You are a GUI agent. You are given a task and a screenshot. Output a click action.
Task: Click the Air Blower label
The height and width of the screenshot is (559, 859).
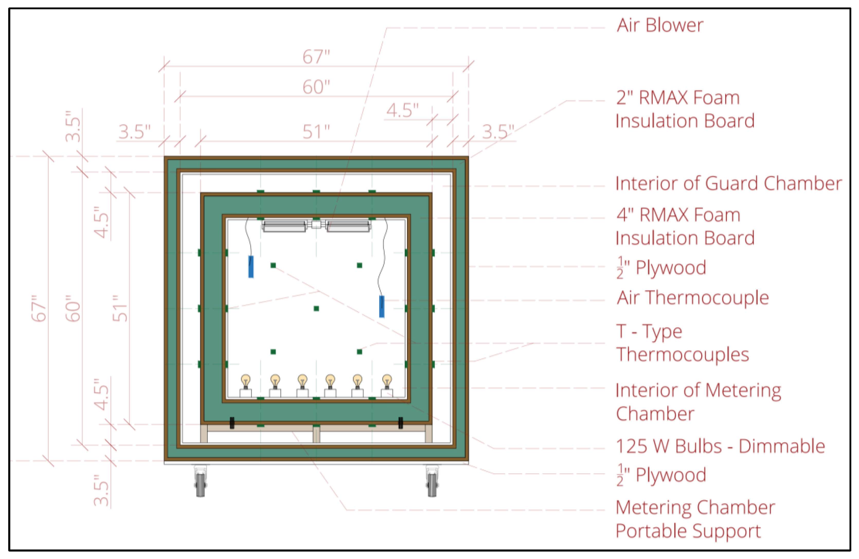(x=660, y=25)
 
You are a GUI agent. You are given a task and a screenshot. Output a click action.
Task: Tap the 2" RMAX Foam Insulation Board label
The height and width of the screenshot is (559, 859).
(x=684, y=109)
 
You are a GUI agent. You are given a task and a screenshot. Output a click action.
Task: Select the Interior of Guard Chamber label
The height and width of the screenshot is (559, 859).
(x=728, y=183)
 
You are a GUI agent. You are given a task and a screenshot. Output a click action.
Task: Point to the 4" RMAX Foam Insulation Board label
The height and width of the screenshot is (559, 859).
(x=684, y=226)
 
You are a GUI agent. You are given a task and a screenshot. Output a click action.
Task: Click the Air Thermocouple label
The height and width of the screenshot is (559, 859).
(x=692, y=298)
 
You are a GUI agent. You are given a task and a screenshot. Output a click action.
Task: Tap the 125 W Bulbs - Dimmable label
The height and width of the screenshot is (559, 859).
(x=720, y=446)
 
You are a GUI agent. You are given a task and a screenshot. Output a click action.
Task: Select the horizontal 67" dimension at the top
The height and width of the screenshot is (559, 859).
(x=316, y=57)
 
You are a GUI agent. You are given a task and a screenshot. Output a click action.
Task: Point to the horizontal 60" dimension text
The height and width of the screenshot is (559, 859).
(x=316, y=87)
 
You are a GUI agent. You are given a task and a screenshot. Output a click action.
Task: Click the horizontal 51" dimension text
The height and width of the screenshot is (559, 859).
(x=316, y=132)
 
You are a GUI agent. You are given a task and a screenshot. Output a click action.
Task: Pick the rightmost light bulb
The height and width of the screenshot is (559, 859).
(x=387, y=381)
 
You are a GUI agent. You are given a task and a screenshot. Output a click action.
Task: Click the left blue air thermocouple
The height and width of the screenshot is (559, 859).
(x=251, y=267)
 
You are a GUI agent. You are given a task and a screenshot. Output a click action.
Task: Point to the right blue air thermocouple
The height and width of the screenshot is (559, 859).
(x=381, y=307)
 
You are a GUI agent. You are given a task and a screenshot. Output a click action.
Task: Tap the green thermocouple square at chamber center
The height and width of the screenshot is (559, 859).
(x=316, y=308)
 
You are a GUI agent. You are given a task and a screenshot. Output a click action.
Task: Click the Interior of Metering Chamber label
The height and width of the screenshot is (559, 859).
(x=698, y=402)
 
